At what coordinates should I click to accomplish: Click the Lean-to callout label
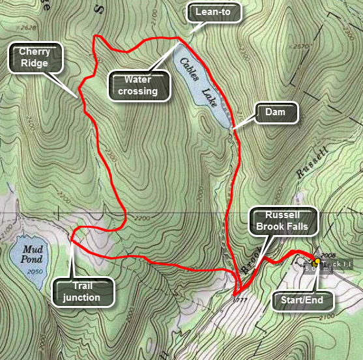click(x=214, y=10)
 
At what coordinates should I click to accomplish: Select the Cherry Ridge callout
click(x=35, y=58)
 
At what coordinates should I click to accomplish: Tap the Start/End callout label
click(x=302, y=300)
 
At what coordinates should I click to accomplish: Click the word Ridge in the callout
click(x=35, y=64)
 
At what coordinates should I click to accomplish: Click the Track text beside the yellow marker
click(x=339, y=264)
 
